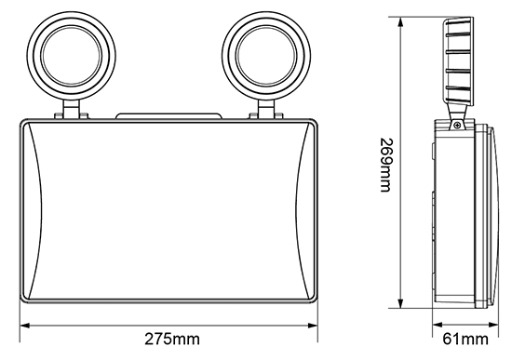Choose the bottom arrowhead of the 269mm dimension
(x=400, y=307)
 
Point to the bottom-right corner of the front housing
(x=316, y=304)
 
